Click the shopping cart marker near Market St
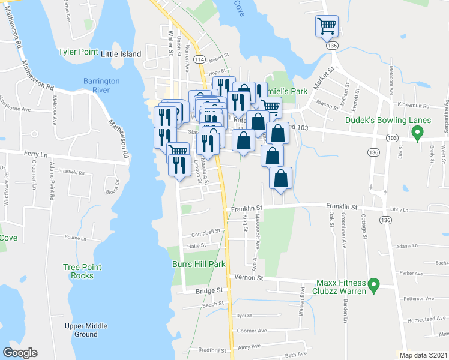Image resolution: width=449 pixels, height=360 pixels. point(327,26)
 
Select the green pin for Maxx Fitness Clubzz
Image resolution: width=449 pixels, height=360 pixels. point(373,284)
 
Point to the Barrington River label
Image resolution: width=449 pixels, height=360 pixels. point(101,85)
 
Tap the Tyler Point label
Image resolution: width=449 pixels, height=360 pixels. point(78,52)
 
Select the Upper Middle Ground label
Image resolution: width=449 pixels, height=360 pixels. point(86,330)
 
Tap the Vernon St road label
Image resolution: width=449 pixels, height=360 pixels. point(252,278)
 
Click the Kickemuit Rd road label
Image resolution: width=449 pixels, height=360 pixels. point(418,106)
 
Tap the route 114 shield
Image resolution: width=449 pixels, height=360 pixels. point(200,59)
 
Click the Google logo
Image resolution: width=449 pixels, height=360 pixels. point(20,353)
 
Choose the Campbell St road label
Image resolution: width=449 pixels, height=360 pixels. point(203,234)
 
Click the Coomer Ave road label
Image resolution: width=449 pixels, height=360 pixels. point(252,331)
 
